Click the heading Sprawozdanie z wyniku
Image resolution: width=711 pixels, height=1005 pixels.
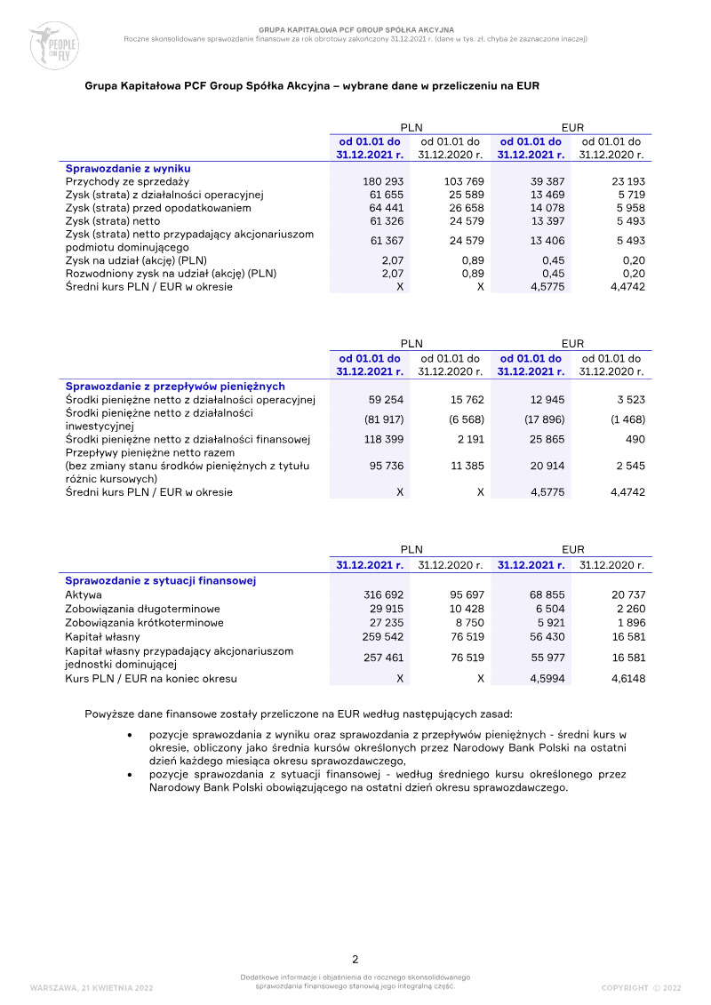pos(128,168)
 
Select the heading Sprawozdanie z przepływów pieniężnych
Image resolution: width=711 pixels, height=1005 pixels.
pos(175,387)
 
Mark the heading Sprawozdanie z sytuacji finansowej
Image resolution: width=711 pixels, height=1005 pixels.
pos(161,581)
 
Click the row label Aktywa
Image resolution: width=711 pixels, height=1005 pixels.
pos(84,594)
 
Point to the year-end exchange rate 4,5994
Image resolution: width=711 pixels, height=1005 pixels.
pos(547,679)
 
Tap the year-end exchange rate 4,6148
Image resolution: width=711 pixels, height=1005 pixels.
pos(627,679)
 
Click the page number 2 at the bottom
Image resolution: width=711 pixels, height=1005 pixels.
pos(355,960)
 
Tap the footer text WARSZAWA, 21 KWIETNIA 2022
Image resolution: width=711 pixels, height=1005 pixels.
pos(92,987)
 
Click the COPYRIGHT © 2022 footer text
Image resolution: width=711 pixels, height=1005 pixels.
pos(641,987)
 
